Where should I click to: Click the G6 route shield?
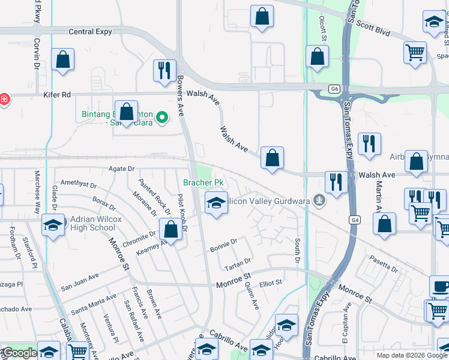[x=335, y=89]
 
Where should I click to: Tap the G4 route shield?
[x=355, y=220]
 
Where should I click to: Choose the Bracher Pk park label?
[x=203, y=182]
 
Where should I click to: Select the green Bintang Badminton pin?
[x=161, y=118]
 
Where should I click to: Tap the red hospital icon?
[x=4, y=99]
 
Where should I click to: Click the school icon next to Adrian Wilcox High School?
[x=53, y=226]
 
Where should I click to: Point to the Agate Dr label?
[x=122, y=169]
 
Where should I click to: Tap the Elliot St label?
[x=270, y=283]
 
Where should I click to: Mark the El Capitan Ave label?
[x=346, y=324]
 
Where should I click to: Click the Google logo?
[x=19, y=353]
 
